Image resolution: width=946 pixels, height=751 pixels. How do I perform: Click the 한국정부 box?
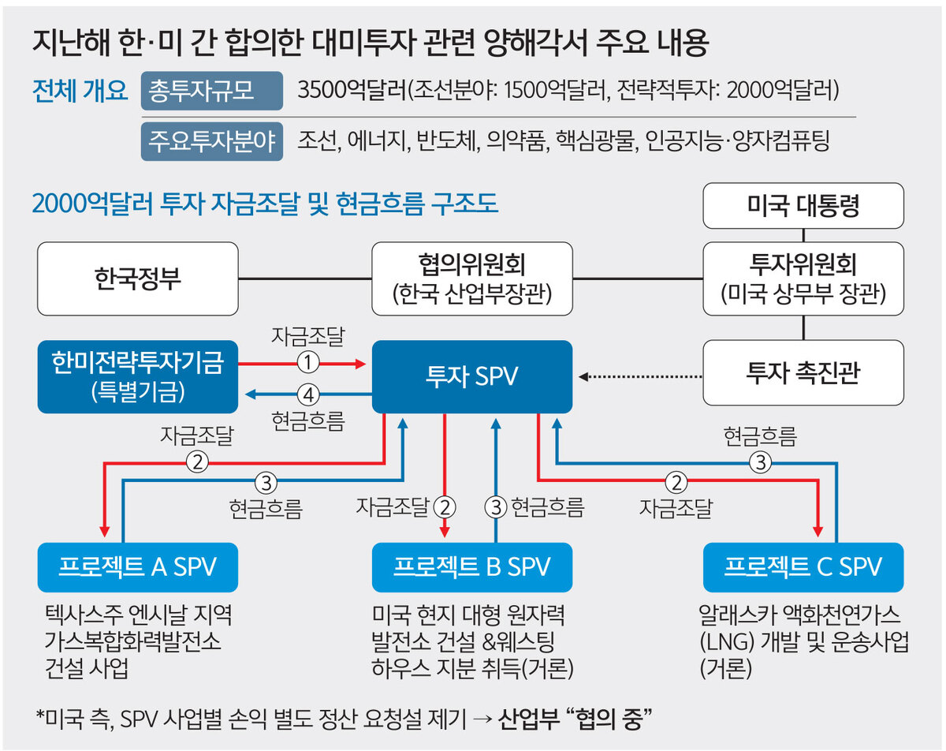coord(138,278)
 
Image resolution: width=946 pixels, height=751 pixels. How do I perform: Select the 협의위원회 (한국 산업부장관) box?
coord(471,278)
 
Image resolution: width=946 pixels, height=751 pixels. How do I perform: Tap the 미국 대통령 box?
coord(803,205)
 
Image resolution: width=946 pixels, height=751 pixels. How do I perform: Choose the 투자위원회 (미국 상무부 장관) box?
coord(803,278)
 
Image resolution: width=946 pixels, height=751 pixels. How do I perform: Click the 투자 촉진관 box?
coord(803,372)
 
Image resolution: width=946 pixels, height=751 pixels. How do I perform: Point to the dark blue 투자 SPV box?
coord(471,376)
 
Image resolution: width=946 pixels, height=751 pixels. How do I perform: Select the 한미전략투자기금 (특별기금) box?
coord(138,376)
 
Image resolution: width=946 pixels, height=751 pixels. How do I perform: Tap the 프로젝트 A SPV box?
coord(138,567)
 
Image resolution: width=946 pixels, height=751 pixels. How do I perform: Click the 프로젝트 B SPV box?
coord(471,567)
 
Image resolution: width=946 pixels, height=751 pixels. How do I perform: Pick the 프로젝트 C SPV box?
coord(803,567)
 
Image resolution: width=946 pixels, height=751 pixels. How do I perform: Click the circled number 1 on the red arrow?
coord(308,363)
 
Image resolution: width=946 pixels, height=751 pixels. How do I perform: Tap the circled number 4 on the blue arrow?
coord(308,394)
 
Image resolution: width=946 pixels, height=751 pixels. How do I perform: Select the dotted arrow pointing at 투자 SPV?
coord(640,376)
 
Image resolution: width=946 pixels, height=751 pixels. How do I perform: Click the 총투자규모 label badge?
coord(211,91)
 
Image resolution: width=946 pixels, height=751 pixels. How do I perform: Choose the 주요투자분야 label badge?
coord(211,141)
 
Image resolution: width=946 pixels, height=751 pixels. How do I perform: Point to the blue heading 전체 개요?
coord(80,91)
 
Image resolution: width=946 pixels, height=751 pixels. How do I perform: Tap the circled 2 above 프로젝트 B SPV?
coord(445,506)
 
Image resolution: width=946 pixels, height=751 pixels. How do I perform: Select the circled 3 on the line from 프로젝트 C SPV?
coord(761,462)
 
